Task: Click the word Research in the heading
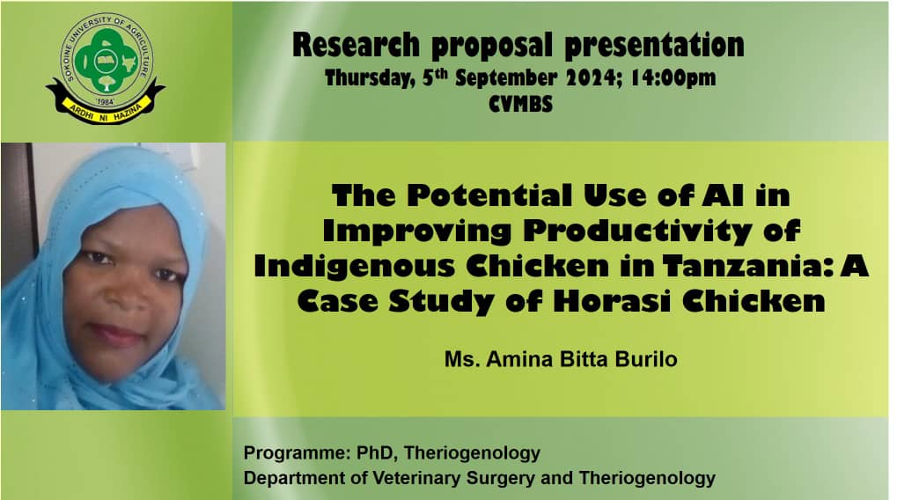356,45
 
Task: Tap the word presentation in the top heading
654,46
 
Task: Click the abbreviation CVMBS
521,104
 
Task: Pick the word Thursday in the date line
370,78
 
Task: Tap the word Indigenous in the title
355,267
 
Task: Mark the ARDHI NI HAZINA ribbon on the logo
106,108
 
